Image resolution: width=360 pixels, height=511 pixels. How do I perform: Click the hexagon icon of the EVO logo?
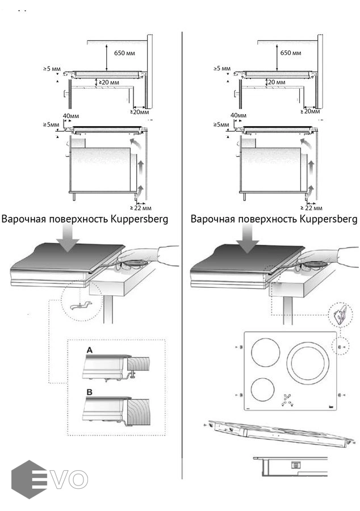point(28,479)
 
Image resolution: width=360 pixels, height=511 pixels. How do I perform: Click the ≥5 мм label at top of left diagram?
point(51,69)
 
